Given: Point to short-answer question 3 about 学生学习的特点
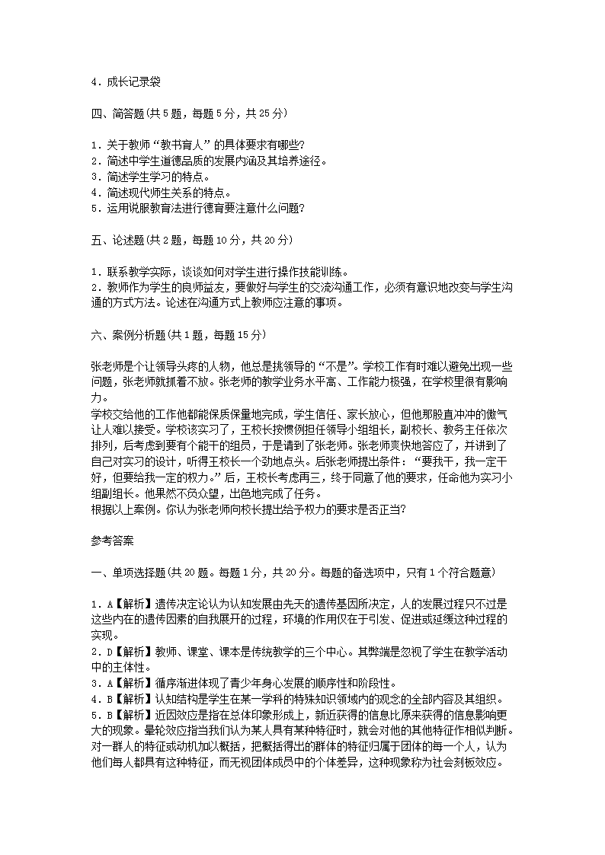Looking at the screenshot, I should click(x=149, y=177).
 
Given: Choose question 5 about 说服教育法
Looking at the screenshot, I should click(x=197, y=209).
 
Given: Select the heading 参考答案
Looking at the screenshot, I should click(x=112, y=542).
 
